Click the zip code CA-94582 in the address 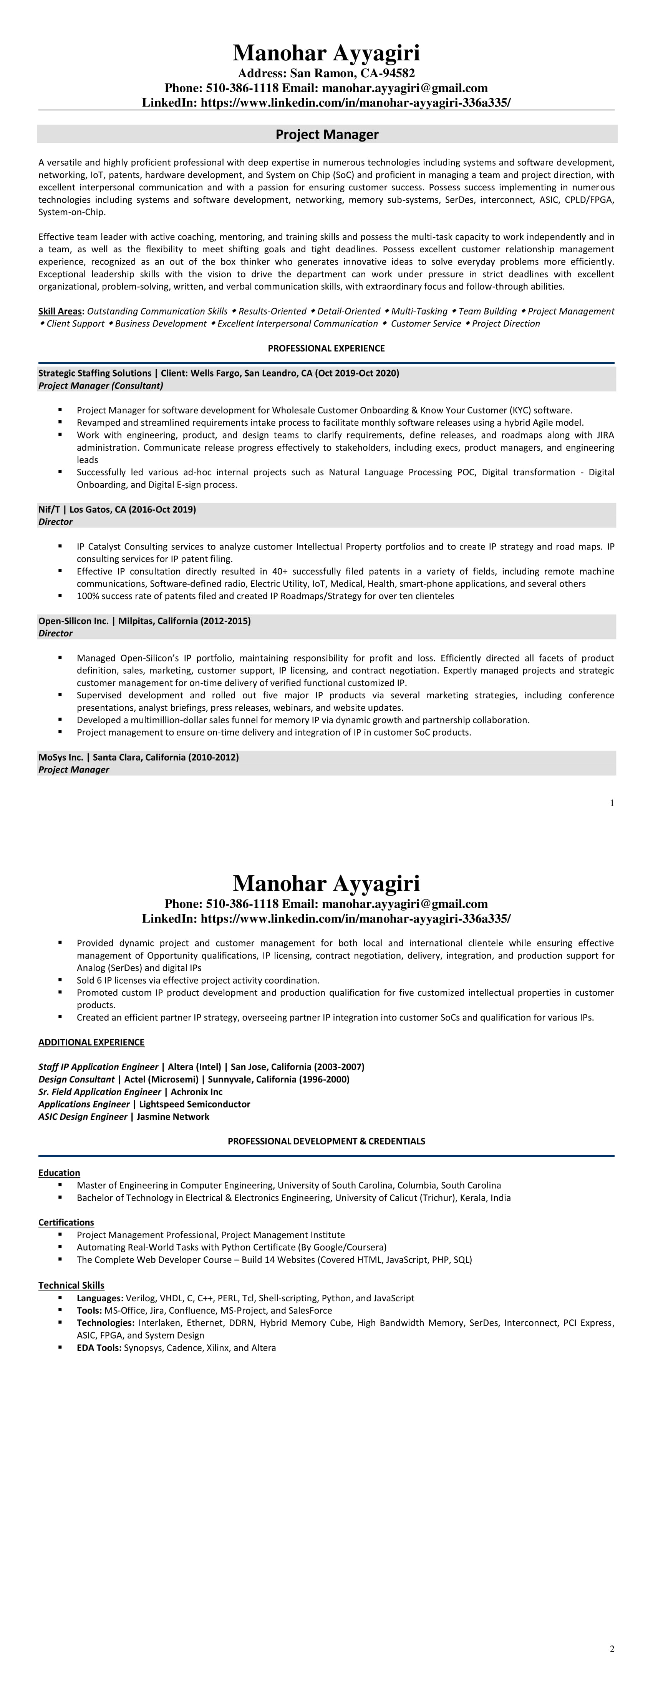pos(388,73)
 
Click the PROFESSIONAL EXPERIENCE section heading pos(326,348)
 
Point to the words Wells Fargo pos(215,373)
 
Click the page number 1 pos(612,803)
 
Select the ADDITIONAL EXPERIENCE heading pos(91,1043)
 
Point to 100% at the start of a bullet pos(87,596)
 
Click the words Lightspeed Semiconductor pos(194,1104)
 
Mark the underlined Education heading pos(59,1173)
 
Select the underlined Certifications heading pos(66,1222)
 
